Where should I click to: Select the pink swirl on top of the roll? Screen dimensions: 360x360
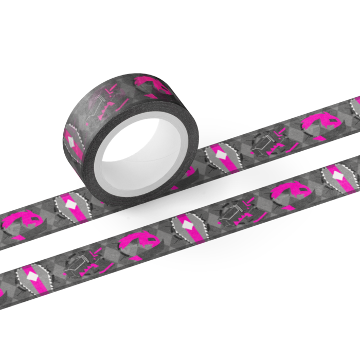[x=152, y=85]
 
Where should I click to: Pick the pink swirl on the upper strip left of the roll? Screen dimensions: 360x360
[x=23, y=221]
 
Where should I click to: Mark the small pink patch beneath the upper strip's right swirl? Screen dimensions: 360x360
[x=317, y=139]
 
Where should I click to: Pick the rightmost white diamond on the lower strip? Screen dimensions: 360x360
[x=338, y=176]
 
